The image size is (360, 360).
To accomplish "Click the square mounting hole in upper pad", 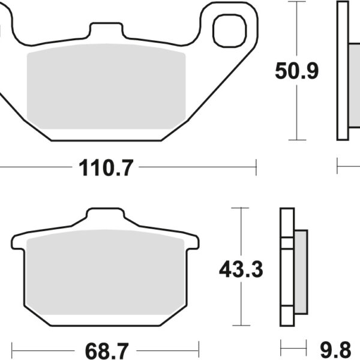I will click(x=229, y=29).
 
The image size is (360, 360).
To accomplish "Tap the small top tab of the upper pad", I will click(x=106, y=31).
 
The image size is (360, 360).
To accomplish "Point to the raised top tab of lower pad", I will click(x=106, y=217).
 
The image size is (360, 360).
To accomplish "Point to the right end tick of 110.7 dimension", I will click(x=256, y=167).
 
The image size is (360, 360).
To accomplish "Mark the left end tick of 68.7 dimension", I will click(x=12, y=347).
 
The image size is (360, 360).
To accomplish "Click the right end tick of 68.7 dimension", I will click(x=199, y=347).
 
